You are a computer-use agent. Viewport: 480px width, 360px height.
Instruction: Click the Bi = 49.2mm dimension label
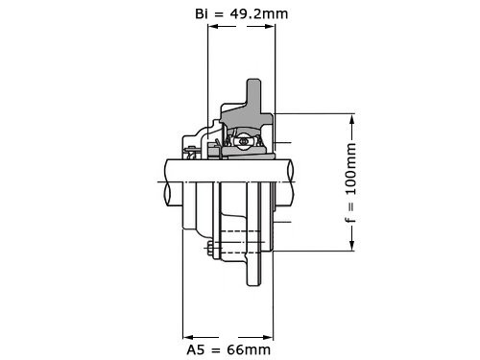pyautogui.click(x=242, y=14)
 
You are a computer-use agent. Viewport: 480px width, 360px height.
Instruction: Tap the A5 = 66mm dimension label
pyautogui.click(x=228, y=349)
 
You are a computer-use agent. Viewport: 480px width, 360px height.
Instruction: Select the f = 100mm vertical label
pyautogui.click(x=350, y=182)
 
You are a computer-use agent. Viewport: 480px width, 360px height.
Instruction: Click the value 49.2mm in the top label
pyautogui.click(x=259, y=14)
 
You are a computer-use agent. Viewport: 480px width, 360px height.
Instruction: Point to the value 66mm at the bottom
pyautogui.click(x=249, y=349)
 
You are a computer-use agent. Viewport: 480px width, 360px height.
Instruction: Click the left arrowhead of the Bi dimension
pyautogui.click(x=213, y=26)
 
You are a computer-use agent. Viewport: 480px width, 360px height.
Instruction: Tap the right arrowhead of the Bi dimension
pyautogui.click(x=270, y=26)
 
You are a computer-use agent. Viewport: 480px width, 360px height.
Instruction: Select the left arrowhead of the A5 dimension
pyautogui.click(x=188, y=337)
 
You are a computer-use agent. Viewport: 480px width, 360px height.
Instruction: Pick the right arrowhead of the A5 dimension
pyautogui.click(x=268, y=337)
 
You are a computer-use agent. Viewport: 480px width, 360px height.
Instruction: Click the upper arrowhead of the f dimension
pyautogui.click(x=352, y=119)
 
